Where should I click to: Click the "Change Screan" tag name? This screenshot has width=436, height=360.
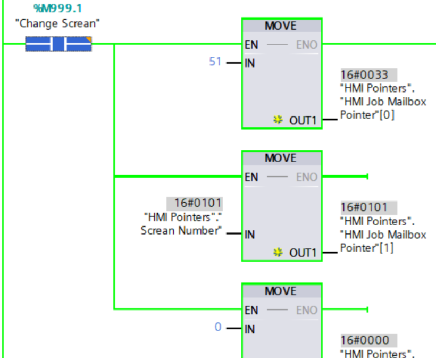click(58, 24)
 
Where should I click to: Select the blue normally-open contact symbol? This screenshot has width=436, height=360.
click(58, 44)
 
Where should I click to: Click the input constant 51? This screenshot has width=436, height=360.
click(215, 62)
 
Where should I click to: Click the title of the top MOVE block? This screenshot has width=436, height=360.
click(281, 26)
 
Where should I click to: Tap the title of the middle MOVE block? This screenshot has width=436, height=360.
click(281, 158)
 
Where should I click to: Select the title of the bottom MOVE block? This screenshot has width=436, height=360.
click(281, 291)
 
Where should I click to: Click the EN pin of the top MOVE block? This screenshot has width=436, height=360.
click(251, 45)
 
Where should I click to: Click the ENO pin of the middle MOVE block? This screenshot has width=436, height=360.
click(306, 177)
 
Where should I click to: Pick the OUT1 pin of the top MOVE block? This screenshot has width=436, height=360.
click(302, 121)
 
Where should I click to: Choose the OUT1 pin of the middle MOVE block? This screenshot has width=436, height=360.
click(302, 253)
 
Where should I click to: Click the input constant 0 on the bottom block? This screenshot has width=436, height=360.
click(217, 327)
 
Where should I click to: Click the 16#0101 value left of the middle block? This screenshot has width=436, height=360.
click(194, 203)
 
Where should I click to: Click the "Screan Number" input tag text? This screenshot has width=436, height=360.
click(180, 230)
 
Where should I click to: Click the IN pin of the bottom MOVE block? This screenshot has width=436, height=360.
click(250, 329)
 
